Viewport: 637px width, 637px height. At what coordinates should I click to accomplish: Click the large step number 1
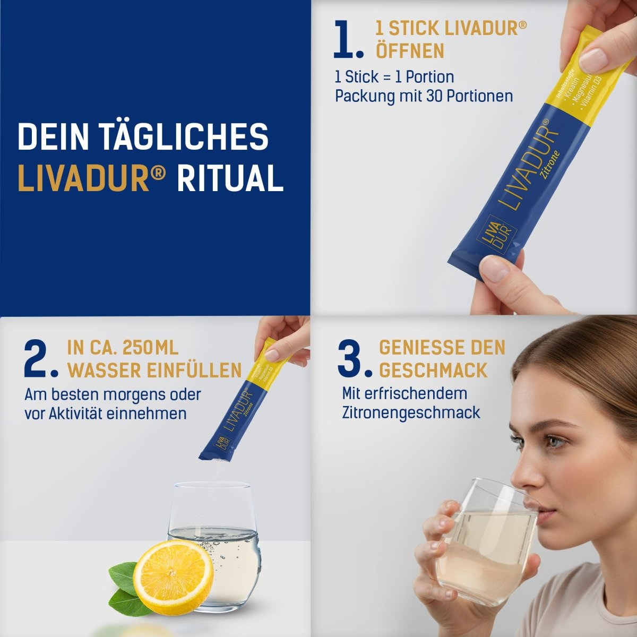348,40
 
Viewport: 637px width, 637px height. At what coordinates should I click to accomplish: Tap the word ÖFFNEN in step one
410,51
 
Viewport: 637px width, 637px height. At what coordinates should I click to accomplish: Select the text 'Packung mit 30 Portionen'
424,96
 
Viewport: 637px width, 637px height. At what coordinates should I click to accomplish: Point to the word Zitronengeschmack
411,412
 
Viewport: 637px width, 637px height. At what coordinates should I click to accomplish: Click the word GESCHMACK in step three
433,370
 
